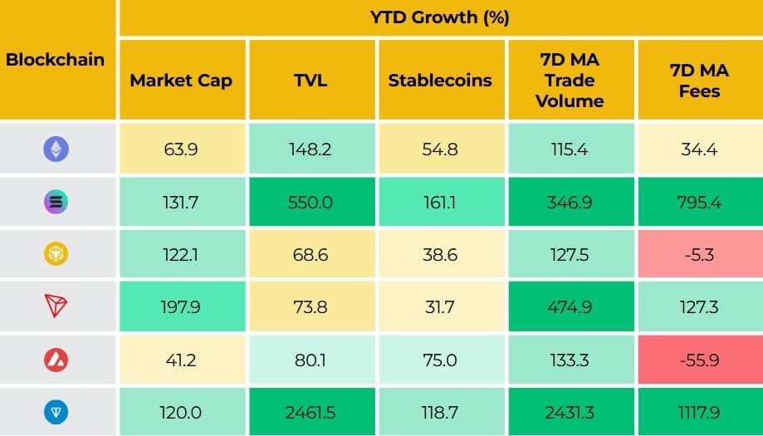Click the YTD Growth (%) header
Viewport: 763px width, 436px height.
click(x=440, y=17)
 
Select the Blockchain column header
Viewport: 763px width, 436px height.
click(x=56, y=59)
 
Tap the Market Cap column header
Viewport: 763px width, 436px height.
click(x=181, y=81)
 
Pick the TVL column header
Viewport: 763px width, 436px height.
click(x=311, y=81)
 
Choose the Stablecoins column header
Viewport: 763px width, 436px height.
click(x=440, y=81)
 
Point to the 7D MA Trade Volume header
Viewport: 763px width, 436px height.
click(x=570, y=81)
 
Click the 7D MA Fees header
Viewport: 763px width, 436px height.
click(x=699, y=81)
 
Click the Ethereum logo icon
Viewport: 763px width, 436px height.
click(x=56, y=149)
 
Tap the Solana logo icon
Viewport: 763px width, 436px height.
click(x=56, y=202)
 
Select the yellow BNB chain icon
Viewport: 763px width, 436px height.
click(x=56, y=254)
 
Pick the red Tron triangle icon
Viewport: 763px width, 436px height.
click(x=56, y=306)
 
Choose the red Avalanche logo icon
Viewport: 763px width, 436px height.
click(x=56, y=360)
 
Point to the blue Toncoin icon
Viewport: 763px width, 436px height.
click(x=56, y=413)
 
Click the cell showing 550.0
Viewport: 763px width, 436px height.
click(x=311, y=202)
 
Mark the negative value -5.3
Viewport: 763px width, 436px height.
click(x=699, y=254)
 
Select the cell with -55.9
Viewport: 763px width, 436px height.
click(x=699, y=360)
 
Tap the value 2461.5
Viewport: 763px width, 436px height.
click(x=311, y=413)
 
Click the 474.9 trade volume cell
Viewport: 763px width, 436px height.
click(x=570, y=306)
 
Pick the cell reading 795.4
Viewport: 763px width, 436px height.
click(x=699, y=202)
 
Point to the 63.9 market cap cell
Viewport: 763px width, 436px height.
click(x=181, y=149)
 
